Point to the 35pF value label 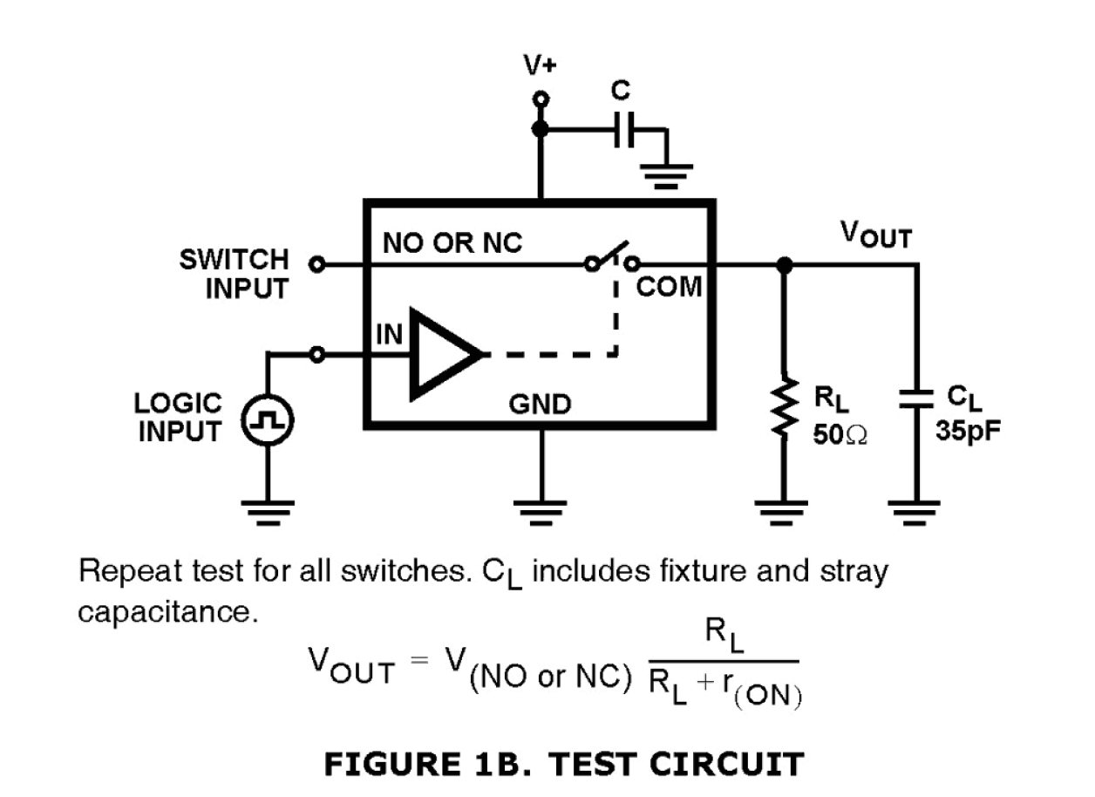point(966,432)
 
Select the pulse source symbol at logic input point(268,422)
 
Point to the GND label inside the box point(541,405)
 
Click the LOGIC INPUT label point(179,418)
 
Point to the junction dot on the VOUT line point(785,264)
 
